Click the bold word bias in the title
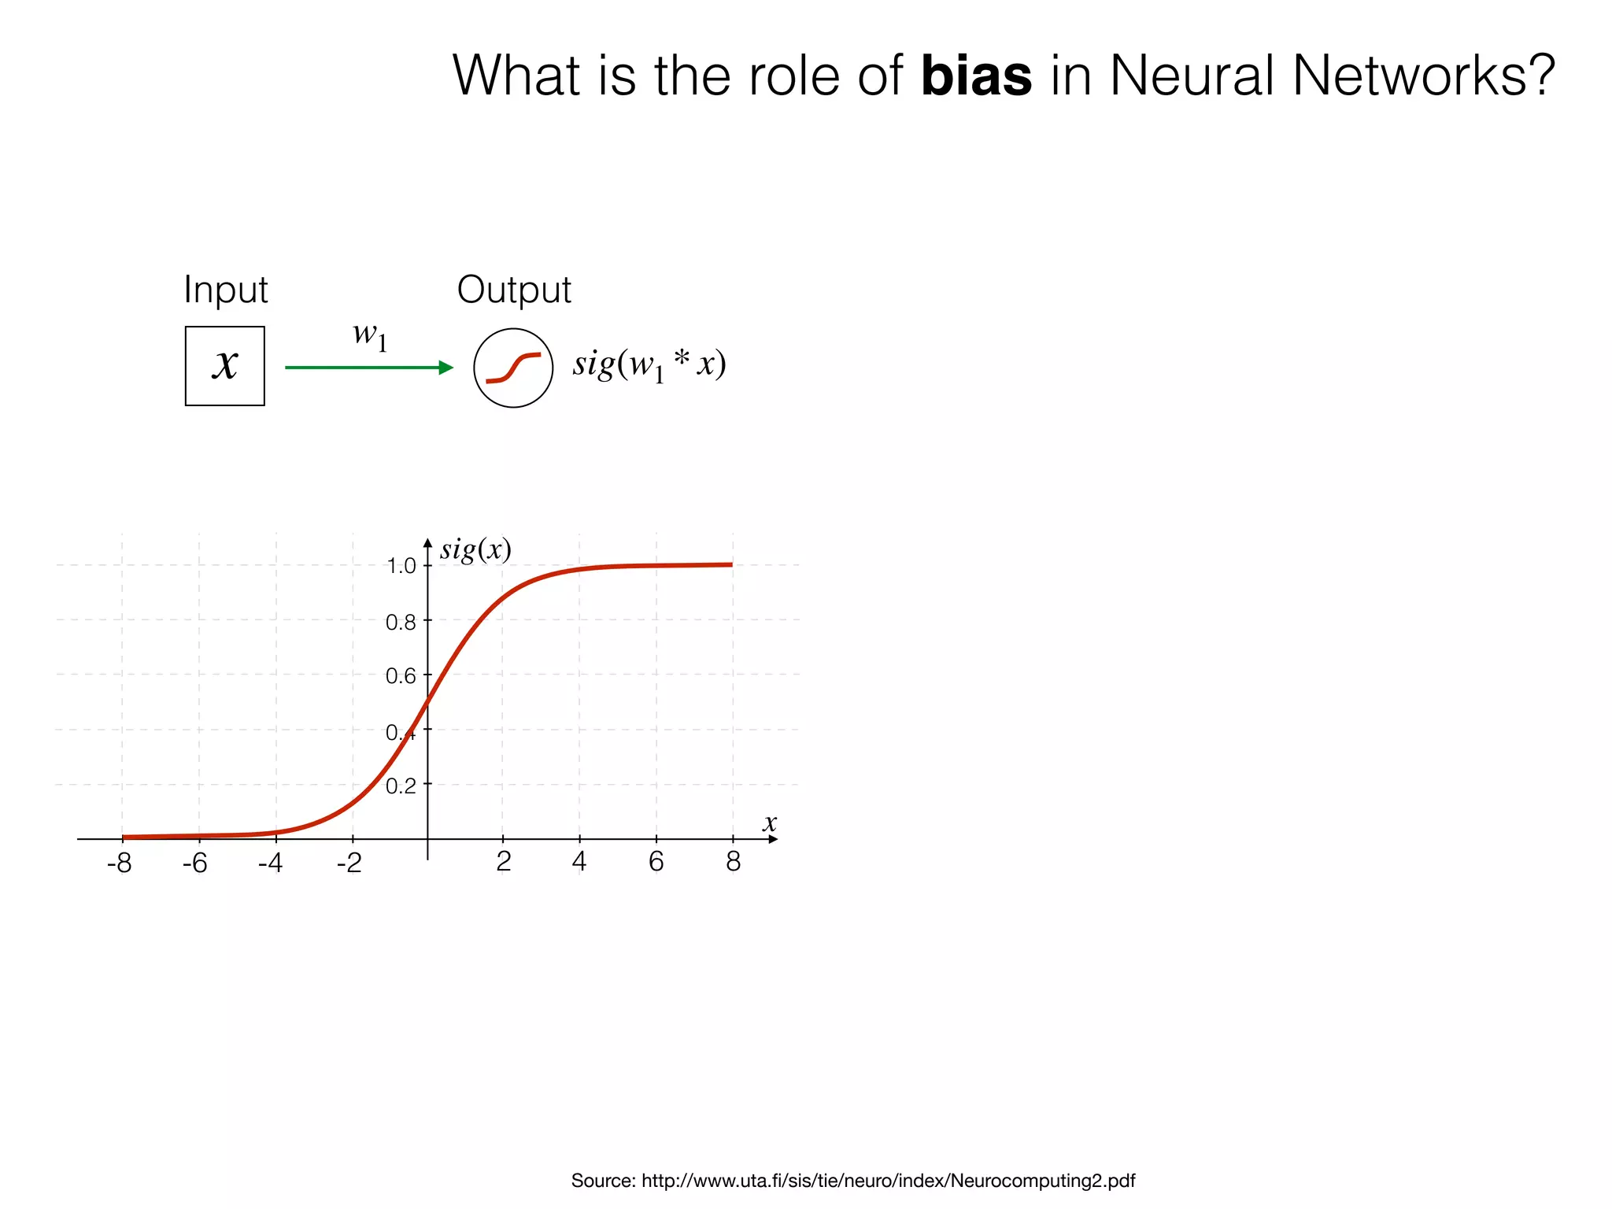[976, 76]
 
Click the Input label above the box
[226, 290]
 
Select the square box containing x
[225, 366]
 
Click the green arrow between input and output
[368, 368]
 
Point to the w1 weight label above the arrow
[370, 336]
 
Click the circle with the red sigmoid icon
[513, 368]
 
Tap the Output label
[514, 290]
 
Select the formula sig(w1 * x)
[649, 364]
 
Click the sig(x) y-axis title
[475, 549]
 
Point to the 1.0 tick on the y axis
[401, 566]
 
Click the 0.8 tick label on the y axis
[401, 623]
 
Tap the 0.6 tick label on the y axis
[401, 676]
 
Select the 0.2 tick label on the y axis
[401, 786]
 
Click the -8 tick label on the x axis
[120, 863]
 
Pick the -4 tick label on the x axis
[271, 863]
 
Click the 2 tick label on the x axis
[504, 862]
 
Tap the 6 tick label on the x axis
[656, 862]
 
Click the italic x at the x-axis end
[769, 823]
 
